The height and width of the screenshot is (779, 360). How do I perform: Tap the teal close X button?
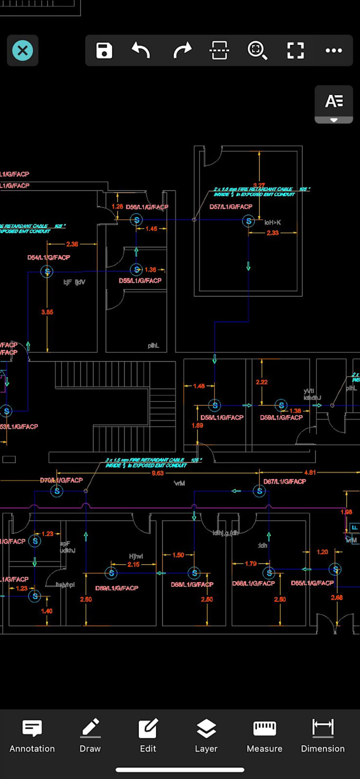22,51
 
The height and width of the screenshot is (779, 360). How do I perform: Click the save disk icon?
104,51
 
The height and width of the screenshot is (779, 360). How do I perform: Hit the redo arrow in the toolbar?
182,51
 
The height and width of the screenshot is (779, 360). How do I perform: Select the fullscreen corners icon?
295,51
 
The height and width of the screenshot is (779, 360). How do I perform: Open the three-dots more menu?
334,51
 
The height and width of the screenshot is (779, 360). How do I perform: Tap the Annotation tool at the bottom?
32,736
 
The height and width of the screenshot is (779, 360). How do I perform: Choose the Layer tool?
206,736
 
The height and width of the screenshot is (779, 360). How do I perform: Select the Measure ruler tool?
264,736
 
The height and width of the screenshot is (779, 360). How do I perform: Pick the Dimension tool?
322,736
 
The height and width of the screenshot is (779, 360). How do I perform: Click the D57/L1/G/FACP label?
231,207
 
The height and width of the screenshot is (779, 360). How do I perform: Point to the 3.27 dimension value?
259,185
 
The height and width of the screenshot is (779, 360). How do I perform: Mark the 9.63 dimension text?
158,473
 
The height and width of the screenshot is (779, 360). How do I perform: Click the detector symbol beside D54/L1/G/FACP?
47,271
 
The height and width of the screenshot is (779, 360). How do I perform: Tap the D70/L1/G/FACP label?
61,481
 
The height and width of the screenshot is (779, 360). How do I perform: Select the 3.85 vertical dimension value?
47,312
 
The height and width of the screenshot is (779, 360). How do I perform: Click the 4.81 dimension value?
310,473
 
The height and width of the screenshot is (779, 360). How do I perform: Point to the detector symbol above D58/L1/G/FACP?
214,405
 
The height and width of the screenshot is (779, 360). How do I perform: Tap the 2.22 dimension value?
261,382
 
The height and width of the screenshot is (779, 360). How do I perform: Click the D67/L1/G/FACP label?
284,482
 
